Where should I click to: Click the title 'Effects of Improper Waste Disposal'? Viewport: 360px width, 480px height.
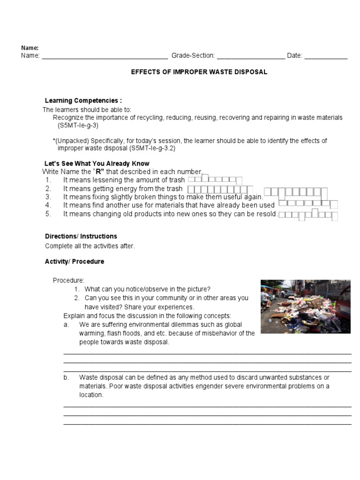pyautogui.click(x=199, y=72)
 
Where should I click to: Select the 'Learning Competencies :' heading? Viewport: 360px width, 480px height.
pyautogui.click(x=83, y=101)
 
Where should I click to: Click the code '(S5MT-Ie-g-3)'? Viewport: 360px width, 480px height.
pyautogui.click(x=78, y=126)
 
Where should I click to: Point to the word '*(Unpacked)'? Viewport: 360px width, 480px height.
pyautogui.click(x=71, y=141)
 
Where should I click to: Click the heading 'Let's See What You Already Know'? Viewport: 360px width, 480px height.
pyautogui.click(x=97, y=164)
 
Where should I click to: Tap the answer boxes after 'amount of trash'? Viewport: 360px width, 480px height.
pyautogui.click(x=215, y=180)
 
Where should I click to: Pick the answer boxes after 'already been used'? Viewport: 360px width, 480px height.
pyautogui.click(x=308, y=204)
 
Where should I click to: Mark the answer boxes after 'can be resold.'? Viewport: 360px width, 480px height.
pyautogui.click(x=308, y=215)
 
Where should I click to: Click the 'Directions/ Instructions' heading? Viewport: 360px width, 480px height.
pyautogui.click(x=81, y=236)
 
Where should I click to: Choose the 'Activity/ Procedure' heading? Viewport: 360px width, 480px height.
pyautogui.click(x=75, y=262)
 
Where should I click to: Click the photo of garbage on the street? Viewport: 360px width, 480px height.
pyautogui.click(x=305, y=307)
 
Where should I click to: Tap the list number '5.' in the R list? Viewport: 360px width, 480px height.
pyautogui.click(x=48, y=214)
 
